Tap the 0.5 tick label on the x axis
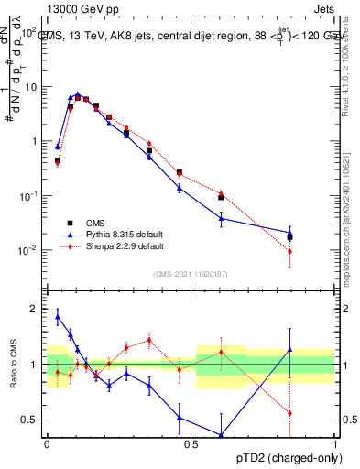[x=191, y=443]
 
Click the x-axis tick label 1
[x=334, y=443]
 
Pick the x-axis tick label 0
[x=47, y=443]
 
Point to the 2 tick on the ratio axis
[x=37, y=309]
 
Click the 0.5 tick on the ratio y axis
[x=33, y=420]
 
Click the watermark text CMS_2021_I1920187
[x=191, y=273]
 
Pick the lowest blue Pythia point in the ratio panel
[x=221, y=435]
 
